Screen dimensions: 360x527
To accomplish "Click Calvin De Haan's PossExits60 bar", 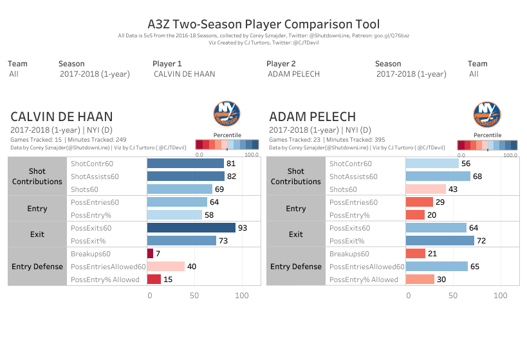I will coord(191,228).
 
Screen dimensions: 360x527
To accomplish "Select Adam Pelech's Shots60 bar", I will coord(425,189).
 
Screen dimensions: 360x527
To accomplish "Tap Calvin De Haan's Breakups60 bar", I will coord(150,254).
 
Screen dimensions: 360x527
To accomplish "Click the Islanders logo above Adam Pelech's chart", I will coord(487,114).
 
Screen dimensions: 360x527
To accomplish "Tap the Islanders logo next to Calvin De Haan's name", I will coord(226,114).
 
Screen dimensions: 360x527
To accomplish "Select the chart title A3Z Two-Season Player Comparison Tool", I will coord(263,24).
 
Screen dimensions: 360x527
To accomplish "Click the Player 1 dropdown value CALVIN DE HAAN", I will coord(184,74).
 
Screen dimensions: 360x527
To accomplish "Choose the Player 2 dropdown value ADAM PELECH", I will coord(293,74).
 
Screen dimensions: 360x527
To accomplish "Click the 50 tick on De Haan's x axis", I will coord(196,295).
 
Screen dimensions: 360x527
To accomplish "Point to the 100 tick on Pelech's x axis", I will coord(500,295).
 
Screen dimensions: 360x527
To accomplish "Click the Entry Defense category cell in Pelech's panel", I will coord(296,267).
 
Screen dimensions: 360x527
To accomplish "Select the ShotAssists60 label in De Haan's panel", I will coord(95,176).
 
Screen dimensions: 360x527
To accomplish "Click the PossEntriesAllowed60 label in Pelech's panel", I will coord(367,267).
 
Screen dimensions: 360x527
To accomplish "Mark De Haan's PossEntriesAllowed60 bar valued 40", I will coord(166,267).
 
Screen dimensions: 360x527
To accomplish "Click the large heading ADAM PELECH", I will coord(312,117).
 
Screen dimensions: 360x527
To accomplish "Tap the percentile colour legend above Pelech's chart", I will coord(487,146).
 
